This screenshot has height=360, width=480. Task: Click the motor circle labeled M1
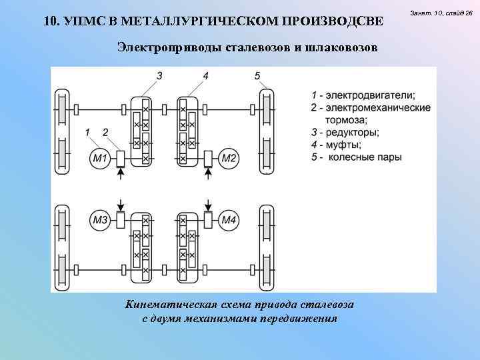click(x=100, y=158)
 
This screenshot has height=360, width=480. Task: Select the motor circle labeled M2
click(x=229, y=158)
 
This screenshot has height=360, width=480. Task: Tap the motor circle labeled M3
click(x=100, y=219)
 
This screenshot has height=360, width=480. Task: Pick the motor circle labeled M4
click(x=229, y=219)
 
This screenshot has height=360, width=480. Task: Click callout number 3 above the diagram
click(x=159, y=75)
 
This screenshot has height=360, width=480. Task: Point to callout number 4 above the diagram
click(x=205, y=75)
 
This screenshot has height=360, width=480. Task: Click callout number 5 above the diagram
click(x=257, y=75)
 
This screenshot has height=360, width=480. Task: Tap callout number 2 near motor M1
click(x=105, y=133)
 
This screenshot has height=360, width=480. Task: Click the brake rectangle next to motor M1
click(x=121, y=158)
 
